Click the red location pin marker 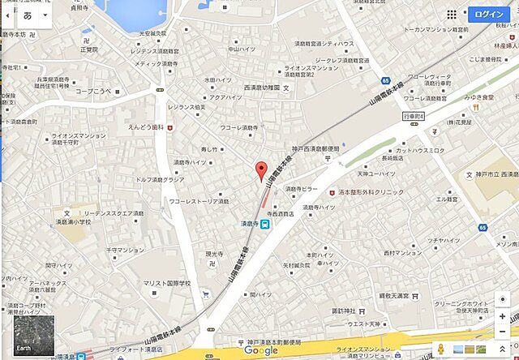coord(260,171)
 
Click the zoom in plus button coord(504,315)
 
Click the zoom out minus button coord(504,333)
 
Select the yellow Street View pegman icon coord(439,349)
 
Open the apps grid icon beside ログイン coord(474,15)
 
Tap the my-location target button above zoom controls coord(504,297)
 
